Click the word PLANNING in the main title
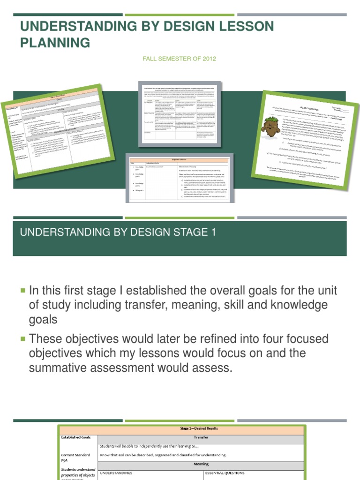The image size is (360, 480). (x=55, y=43)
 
